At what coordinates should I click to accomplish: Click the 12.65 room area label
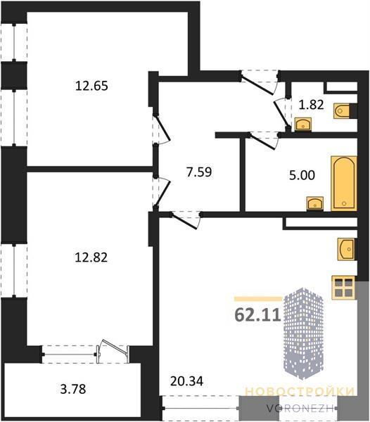pos(91,86)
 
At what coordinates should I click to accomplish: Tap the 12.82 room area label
pos(91,257)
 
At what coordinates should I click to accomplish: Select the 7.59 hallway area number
pos(199,172)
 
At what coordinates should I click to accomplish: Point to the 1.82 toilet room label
pos(311,104)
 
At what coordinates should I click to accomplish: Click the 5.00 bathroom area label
pos(302,175)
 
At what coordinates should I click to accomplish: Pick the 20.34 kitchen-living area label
pos(186,381)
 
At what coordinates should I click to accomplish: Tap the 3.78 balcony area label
pos(73,389)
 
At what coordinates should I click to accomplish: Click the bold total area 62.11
pos(257,314)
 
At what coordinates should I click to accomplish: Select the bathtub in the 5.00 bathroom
pos(344,184)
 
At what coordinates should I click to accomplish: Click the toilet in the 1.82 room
pos(342,111)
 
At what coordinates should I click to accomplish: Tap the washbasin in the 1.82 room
pos(303,124)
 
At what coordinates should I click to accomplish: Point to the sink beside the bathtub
pos(315,204)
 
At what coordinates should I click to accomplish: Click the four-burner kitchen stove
pos(344,288)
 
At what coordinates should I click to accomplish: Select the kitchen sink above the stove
pos(347,250)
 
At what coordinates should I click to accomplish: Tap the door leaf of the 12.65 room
pos(162,129)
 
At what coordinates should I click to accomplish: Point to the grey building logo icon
pos(304,333)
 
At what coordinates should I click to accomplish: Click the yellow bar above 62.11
pos(258,298)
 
